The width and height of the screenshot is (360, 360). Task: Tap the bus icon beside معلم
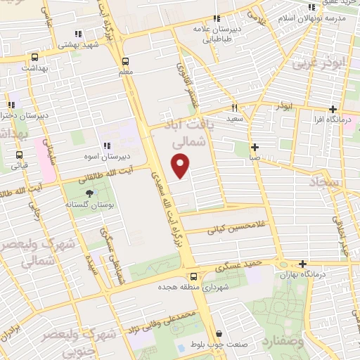125,61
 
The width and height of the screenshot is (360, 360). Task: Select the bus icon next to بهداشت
35,57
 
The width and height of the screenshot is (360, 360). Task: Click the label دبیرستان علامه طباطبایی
217,34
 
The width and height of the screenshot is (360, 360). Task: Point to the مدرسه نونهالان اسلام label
313,18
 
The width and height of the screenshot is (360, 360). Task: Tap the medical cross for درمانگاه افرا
333,109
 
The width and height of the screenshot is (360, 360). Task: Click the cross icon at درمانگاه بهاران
302,264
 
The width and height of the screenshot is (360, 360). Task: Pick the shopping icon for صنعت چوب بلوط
219,334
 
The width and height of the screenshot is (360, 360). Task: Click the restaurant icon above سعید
235,108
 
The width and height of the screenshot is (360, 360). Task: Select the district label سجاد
323,183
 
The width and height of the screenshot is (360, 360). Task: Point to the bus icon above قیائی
18,155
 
